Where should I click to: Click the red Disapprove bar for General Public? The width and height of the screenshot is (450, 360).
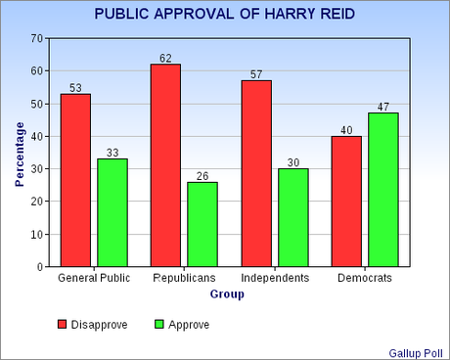click(x=75, y=180)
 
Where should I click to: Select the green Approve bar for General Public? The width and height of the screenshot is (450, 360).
click(x=112, y=212)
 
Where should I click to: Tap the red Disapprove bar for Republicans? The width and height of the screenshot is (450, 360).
click(x=166, y=165)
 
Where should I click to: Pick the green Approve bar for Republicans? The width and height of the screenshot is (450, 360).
click(x=202, y=224)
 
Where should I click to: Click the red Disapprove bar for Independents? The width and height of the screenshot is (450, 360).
click(x=256, y=173)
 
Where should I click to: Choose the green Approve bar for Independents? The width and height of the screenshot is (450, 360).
click(x=293, y=217)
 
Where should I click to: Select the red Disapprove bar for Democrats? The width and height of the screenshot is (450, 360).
click(x=347, y=202)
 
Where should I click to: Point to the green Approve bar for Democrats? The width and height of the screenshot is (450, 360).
click(x=383, y=190)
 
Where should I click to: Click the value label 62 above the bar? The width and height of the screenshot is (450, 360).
click(x=166, y=57)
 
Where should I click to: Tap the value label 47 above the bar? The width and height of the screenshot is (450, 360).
click(x=383, y=106)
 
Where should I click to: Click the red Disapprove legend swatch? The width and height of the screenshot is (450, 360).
click(x=62, y=324)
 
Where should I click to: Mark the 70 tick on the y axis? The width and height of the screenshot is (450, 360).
click(x=36, y=38)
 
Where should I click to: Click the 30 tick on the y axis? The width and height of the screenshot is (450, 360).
click(x=36, y=168)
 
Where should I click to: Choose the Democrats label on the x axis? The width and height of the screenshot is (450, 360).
click(x=365, y=279)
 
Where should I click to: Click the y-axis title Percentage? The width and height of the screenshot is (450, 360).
click(x=20, y=153)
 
